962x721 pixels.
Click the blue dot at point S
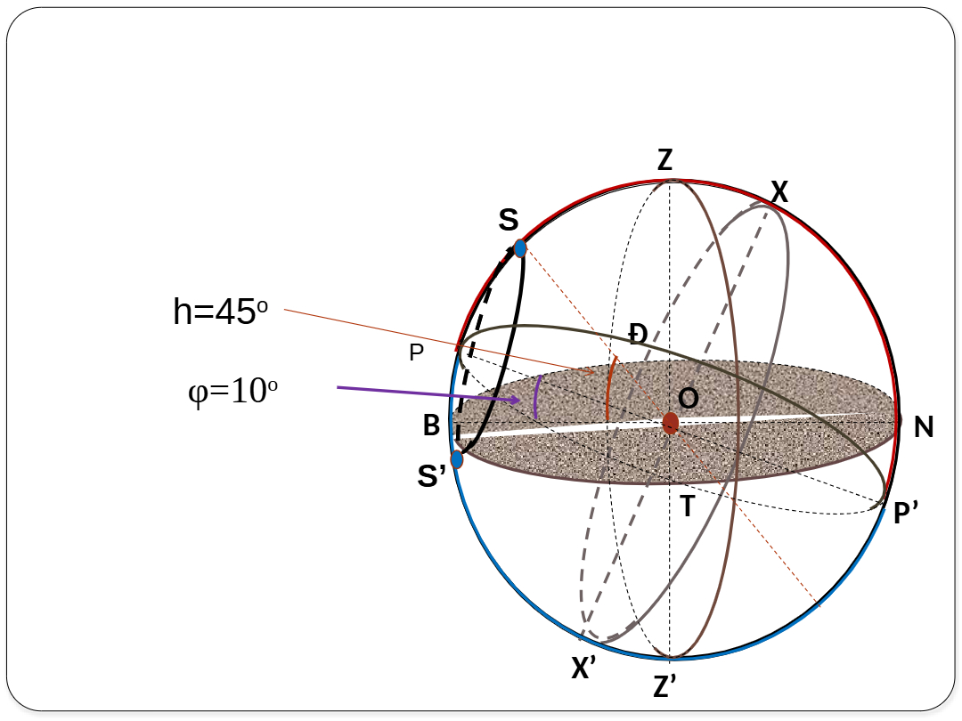click(520, 248)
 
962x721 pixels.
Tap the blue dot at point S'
click(456, 458)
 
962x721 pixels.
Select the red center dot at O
click(670, 423)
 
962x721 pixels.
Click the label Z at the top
click(665, 160)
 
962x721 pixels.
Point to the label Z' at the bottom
click(665, 685)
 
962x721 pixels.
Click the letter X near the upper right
click(779, 192)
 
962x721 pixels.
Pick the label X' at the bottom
click(583, 668)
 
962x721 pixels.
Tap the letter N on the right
click(924, 427)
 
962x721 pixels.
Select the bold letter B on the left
click(431, 425)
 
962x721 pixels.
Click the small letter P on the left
click(417, 352)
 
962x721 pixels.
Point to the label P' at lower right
click(906, 513)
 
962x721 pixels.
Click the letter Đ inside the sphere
click(638, 335)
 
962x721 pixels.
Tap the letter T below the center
click(687, 506)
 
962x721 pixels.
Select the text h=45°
click(221, 312)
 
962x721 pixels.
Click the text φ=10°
click(233, 391)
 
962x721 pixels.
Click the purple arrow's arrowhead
click(516, 400)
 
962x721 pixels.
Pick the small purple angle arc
click(536, 397)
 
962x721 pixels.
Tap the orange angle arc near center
click(608, 387)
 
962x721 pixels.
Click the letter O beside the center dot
click(689, 399)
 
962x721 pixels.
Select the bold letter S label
click(509, 220)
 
